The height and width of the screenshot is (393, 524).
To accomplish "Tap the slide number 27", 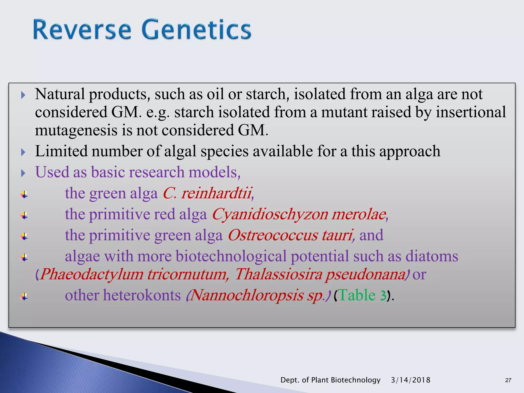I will point(508,380).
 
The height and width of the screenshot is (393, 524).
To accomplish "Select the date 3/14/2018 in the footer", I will point(411,380).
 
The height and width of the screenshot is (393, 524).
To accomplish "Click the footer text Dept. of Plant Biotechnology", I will point(330,380).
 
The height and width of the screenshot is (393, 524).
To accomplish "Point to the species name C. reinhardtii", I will point(208,193).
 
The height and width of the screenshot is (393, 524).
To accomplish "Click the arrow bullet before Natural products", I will point(23,95).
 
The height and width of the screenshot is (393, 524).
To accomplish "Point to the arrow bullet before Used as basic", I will point(23,173).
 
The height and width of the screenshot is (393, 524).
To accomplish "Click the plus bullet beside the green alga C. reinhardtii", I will point(24,195).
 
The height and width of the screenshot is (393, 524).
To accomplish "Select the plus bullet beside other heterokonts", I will point(24,297).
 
